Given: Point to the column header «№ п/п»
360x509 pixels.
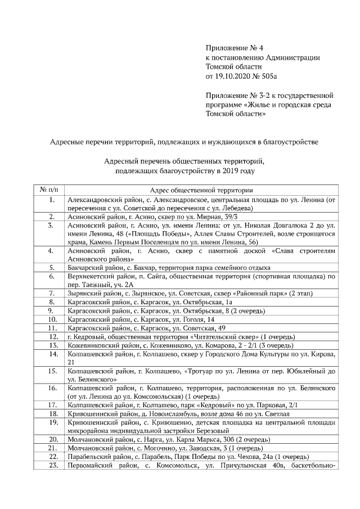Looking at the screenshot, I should click(51, 190).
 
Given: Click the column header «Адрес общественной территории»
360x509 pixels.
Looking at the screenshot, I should click(201, 190).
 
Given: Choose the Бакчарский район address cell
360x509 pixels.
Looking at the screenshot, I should click(169, 268).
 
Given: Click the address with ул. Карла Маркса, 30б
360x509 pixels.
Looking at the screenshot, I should click(169, 439).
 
